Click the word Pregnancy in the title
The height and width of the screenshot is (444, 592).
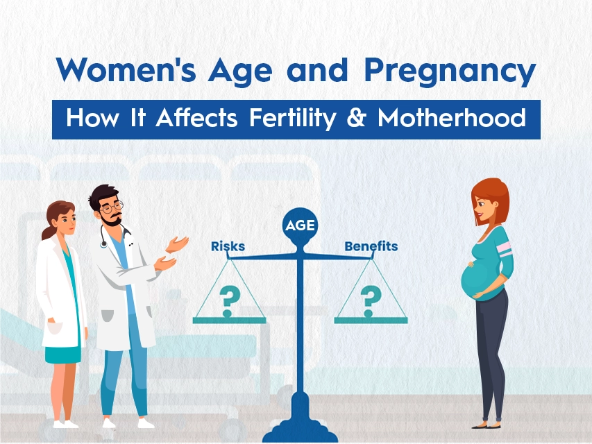click(450, 71)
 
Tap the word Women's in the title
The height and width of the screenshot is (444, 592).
click(126, 70)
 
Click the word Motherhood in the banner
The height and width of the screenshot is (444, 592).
click(452, 117)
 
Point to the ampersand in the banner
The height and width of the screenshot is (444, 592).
click(356, 117)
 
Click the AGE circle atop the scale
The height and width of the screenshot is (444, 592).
click(300, 225)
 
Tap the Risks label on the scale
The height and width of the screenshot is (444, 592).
click(228, 246)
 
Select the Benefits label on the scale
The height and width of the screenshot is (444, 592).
click(371, 246)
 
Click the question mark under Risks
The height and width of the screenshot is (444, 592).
click(229, 301)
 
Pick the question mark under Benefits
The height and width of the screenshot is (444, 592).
click(371, 301)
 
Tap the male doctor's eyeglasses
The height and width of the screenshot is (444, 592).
click(112, 207)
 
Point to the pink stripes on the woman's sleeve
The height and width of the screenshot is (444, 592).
click(505, 249)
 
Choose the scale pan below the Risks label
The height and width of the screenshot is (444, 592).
click(229, 321)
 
